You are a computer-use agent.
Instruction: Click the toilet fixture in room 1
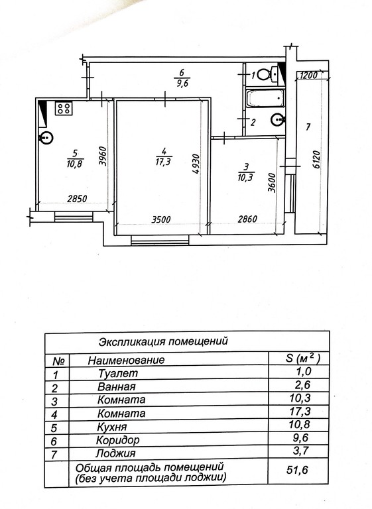point(267,74)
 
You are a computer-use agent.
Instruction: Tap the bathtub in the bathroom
point(265,98)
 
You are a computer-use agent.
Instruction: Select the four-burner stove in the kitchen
point(64,108)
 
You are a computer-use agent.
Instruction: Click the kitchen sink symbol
point(46,139)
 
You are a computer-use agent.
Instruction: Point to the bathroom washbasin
point(278,119)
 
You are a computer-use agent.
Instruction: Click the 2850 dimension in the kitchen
point(77,198)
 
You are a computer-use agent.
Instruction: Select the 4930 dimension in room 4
point(195,164)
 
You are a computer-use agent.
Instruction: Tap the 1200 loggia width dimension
point(307,76)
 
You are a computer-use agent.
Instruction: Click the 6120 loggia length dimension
point(316,159)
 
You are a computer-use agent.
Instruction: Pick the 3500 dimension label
point(161,219)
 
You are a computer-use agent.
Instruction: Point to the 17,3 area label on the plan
point(163,161)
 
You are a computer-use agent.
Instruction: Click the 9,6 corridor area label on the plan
point(182,83)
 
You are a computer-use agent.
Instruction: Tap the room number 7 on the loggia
point(308,127)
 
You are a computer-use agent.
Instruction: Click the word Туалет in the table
point(118,373)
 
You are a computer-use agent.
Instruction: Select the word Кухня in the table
point(112,427)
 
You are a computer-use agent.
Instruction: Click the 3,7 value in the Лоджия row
point(301,451)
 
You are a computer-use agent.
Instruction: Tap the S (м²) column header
point(302,359)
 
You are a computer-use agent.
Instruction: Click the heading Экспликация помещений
point(163,341)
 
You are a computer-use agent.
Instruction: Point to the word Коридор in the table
point(118,441)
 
